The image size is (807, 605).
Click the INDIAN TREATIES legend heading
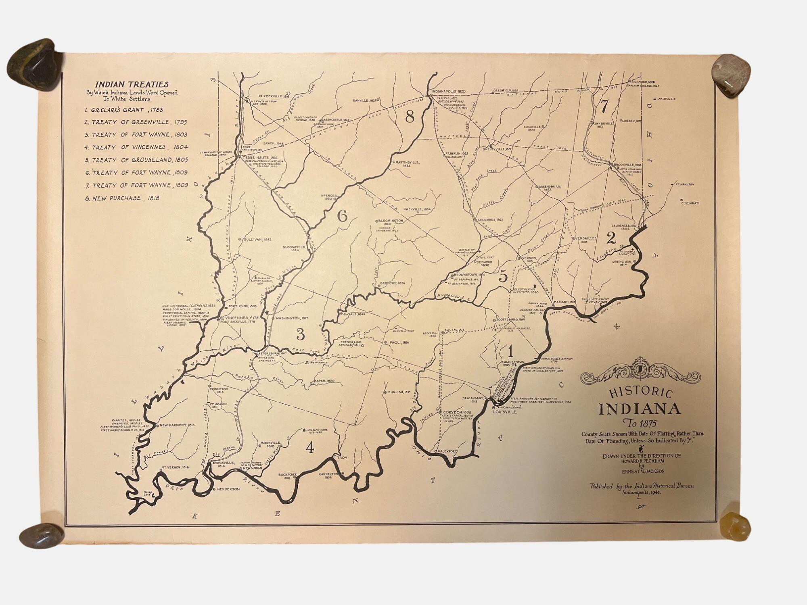coord(132,84)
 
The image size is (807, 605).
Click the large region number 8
coord(410,117)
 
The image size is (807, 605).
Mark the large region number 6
coord(342,217)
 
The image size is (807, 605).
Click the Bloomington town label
coord(390,221)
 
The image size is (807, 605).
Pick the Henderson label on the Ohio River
coord(228,489)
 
